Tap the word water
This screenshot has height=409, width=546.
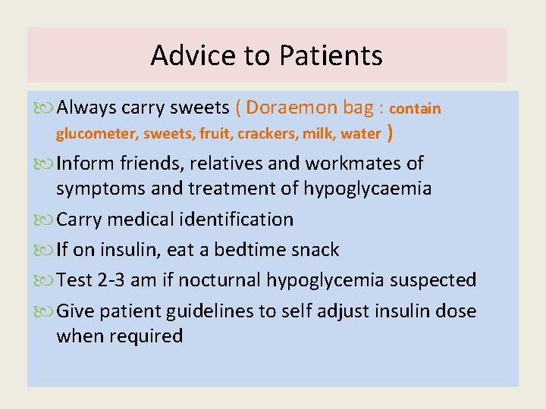pyautogui.click(x=361, y=134)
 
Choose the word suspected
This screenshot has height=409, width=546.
pyautogui.click(x=433, y=279)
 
